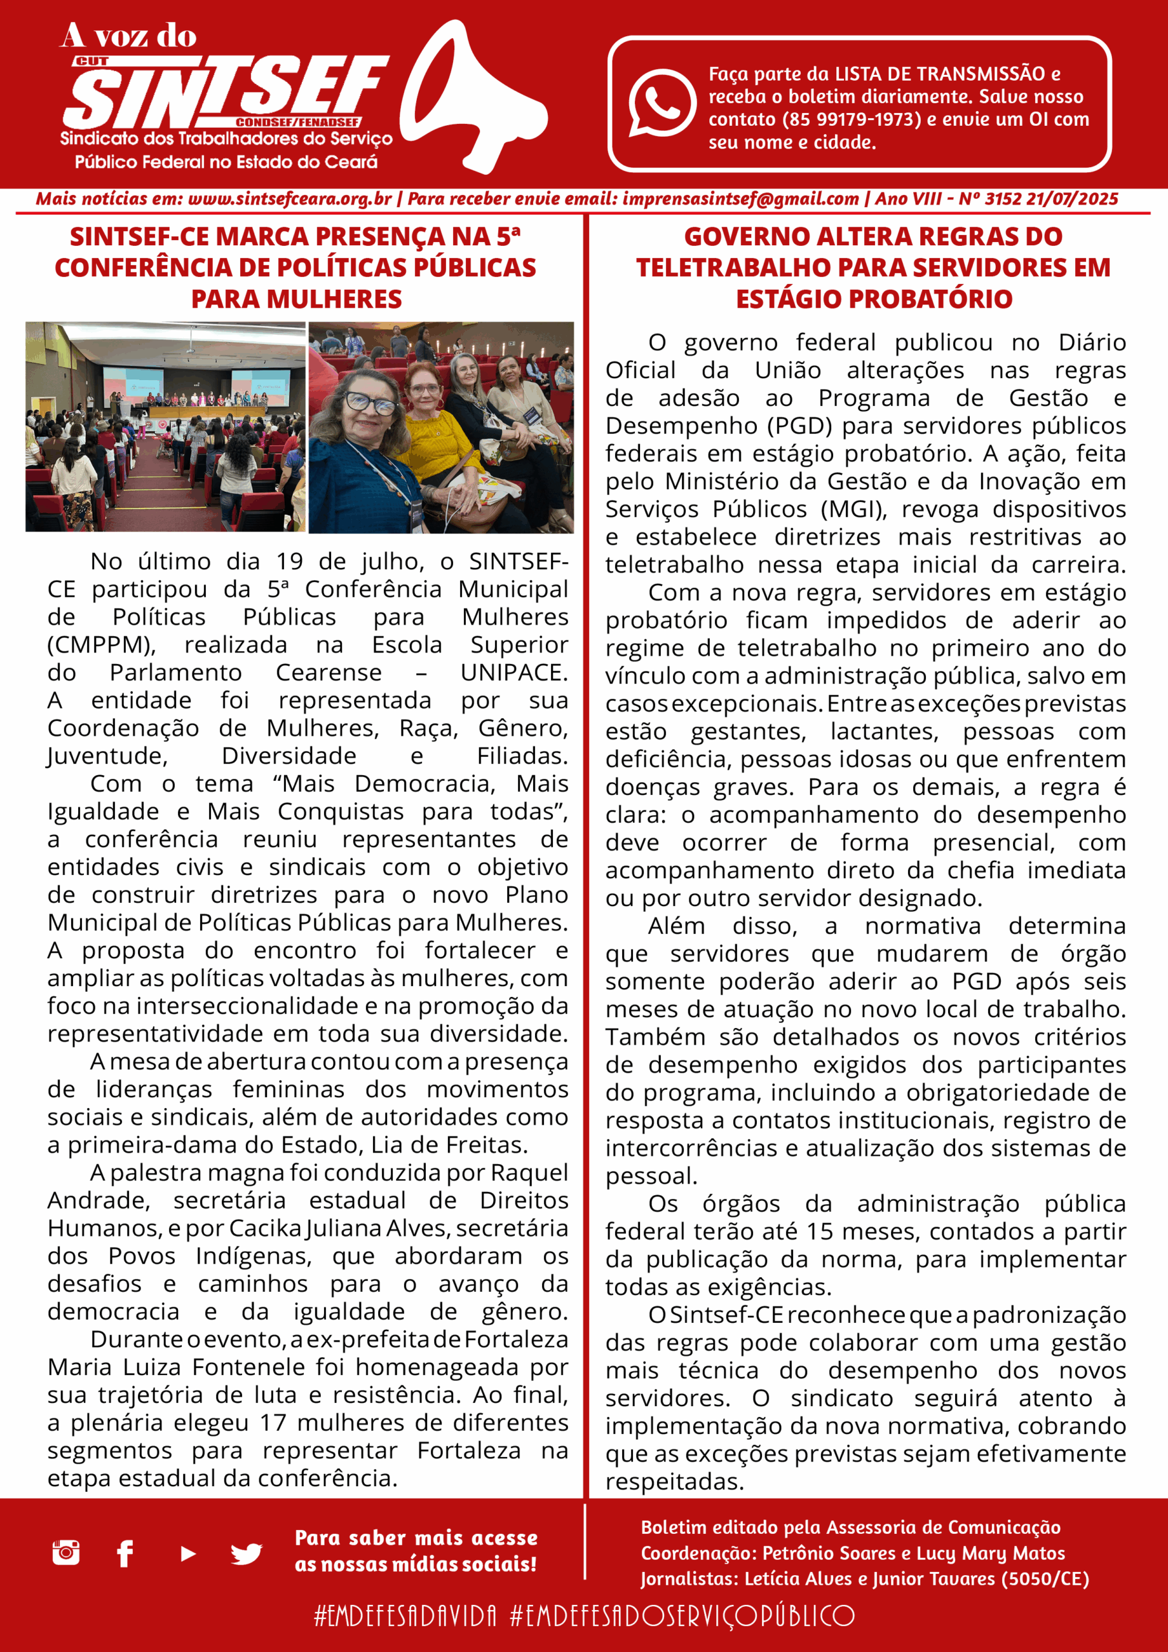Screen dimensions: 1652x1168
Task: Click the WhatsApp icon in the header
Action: pos(661,103)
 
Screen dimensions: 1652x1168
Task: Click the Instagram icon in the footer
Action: pos(66,1553)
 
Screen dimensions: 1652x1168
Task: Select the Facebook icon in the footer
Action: pos(125,1553)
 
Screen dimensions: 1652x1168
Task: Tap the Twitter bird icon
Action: pos(246,1554)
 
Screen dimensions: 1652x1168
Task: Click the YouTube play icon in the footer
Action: pos(188,1554)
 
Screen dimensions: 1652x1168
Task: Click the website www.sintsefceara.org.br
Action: pos(290,199)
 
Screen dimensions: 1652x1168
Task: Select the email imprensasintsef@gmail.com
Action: pos(741,199)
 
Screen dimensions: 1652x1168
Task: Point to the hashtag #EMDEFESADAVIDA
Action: pos(405,1616)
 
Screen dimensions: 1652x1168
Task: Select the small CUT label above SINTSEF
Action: pos(92,62)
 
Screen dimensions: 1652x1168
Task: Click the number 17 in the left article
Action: pos(273,1423)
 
